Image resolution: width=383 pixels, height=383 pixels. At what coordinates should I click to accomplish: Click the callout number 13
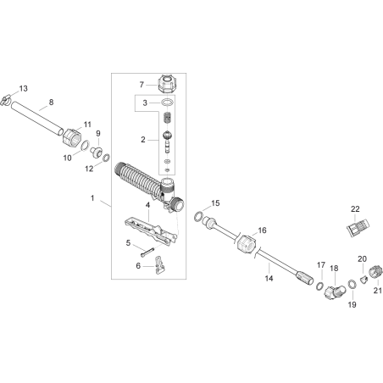[x=23, y=88]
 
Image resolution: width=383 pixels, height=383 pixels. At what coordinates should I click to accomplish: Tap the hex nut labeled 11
[x=72, y=137]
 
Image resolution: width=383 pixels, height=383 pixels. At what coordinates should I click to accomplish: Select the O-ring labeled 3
[x=167, y=103]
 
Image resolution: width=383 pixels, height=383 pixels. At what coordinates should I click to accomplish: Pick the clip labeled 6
[x=159, y=265]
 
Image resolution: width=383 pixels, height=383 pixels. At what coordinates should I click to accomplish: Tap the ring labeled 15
[x=198, y=216]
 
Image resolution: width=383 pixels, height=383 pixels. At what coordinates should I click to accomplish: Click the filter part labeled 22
[x=358, y=225]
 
